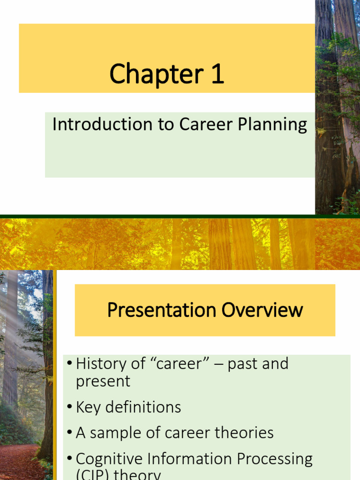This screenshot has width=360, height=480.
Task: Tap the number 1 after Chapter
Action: point(217,75)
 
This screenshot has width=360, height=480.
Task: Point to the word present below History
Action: point(103,382)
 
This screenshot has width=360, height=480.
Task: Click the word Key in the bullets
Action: point(88,407)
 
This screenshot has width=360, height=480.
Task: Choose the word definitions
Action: point(143,407)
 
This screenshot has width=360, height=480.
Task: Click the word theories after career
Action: point(245,433)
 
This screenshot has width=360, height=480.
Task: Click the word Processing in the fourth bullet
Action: point(273,459)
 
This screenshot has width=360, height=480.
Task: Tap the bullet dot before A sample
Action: point(69,433)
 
